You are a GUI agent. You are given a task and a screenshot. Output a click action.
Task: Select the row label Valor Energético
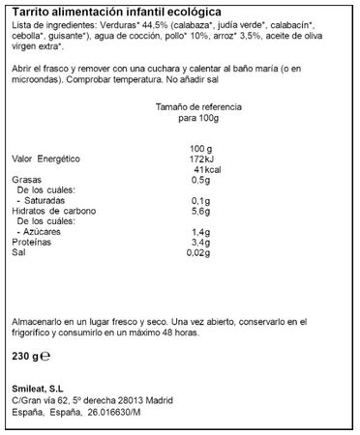click(x=45, y=158)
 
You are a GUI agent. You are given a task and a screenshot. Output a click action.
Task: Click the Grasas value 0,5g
click(x=200, y=180)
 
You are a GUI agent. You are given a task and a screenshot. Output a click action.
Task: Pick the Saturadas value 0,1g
click(x=200, y=202)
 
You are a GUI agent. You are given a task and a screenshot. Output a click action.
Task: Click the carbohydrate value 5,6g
click(x=200, y=213)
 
